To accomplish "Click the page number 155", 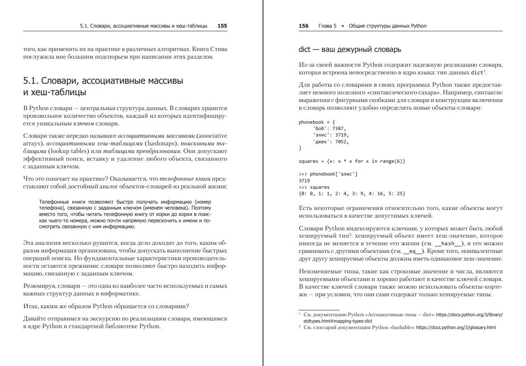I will tap(222, 26).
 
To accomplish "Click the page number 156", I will tap(303, 26).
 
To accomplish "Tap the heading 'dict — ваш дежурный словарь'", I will tap(350, 50).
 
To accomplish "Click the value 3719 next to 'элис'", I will tap(341, 135).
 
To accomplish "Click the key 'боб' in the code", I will tap(320, 128).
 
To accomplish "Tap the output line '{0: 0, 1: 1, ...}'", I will tap(352, 193).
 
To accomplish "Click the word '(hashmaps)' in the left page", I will tap(159, 143).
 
